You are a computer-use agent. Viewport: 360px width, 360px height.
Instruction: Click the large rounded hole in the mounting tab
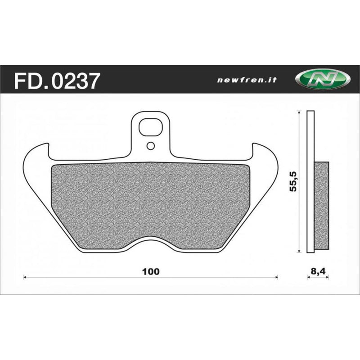[150, 127]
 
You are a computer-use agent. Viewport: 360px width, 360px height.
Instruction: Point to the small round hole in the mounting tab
[150, 145]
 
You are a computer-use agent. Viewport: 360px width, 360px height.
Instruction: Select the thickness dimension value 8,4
[318, 272]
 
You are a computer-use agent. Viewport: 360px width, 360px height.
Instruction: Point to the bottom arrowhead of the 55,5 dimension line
[299, 250]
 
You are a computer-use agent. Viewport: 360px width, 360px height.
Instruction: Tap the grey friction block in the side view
[321, 205]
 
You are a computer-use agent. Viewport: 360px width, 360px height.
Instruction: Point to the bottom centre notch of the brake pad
[151, 243]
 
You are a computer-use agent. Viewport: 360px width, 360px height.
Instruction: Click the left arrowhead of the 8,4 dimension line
[309, 278]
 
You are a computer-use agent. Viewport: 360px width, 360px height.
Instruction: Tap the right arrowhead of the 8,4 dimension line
[327, 278]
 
